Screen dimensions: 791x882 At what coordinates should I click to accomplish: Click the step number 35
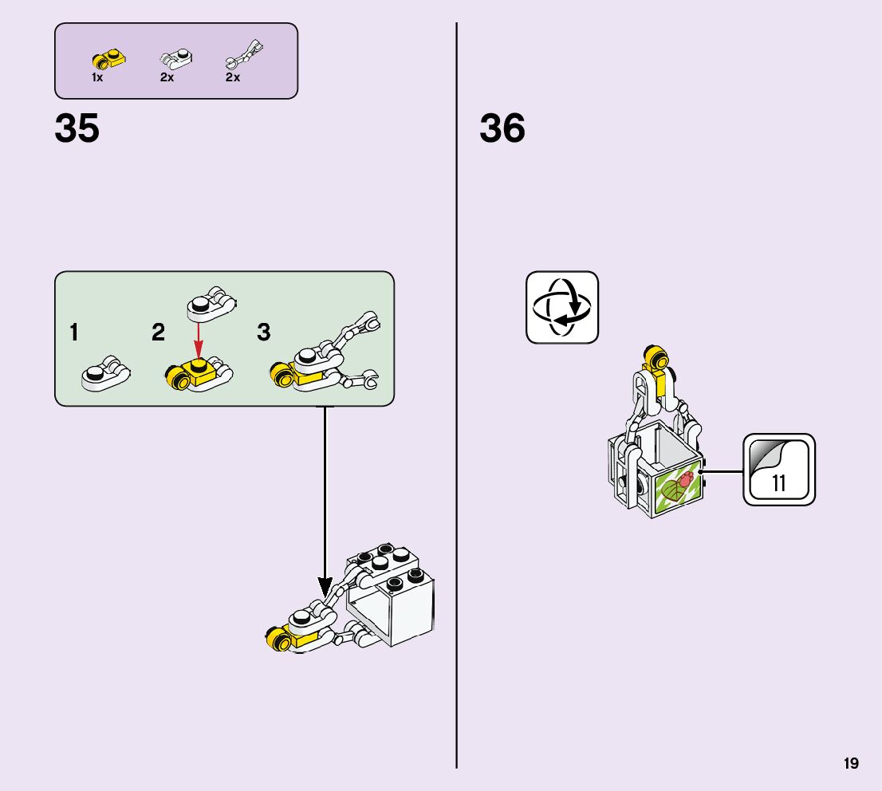tap(77, 128)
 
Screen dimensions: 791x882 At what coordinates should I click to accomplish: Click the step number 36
tap(502, 128)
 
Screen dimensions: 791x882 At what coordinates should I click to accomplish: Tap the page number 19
tap(851, 764)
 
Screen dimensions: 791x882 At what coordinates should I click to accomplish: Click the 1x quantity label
tap(97, 78)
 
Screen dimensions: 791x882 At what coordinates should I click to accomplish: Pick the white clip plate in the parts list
tap(174, 57)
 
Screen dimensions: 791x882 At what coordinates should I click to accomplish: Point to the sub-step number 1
tap(74, 333)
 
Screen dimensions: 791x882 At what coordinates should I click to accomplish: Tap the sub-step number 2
tap(159, 333)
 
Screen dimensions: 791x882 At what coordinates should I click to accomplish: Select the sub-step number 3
tap(264, 333)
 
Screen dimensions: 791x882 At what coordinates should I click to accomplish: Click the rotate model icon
tap(561, 307)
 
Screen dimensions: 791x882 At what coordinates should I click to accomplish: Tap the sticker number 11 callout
tap(779, 470)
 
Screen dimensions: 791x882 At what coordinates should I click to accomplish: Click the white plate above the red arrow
tap(211, 302)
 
